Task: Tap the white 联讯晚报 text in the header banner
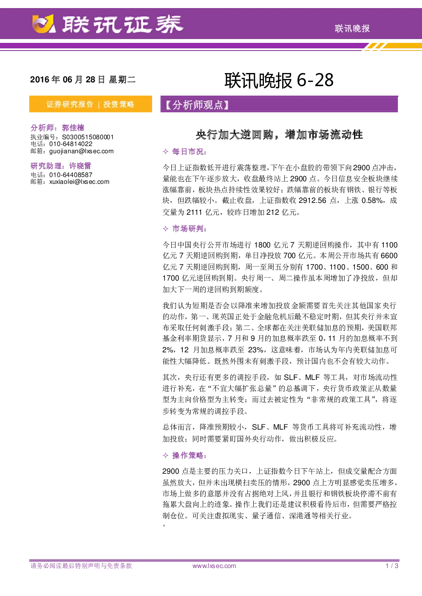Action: click(352, 28)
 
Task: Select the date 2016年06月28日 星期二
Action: click(82, 79)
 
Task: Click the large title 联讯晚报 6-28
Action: click(279, 80)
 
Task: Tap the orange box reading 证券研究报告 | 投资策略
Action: click(91, 104)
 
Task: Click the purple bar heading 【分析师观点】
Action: click(279, 104)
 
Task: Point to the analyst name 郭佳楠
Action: click(73, 128)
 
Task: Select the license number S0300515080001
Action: click(88, 137)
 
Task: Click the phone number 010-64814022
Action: click(71, 144)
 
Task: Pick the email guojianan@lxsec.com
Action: click(82, 151)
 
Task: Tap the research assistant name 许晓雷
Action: click(80, 166)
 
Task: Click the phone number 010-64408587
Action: click(71, 175)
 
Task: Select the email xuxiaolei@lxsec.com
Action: click(79, 182)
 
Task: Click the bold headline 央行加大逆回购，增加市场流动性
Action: click(279, 135)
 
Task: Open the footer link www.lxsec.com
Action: click(214, 566)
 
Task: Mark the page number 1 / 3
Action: click(392, 566)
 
